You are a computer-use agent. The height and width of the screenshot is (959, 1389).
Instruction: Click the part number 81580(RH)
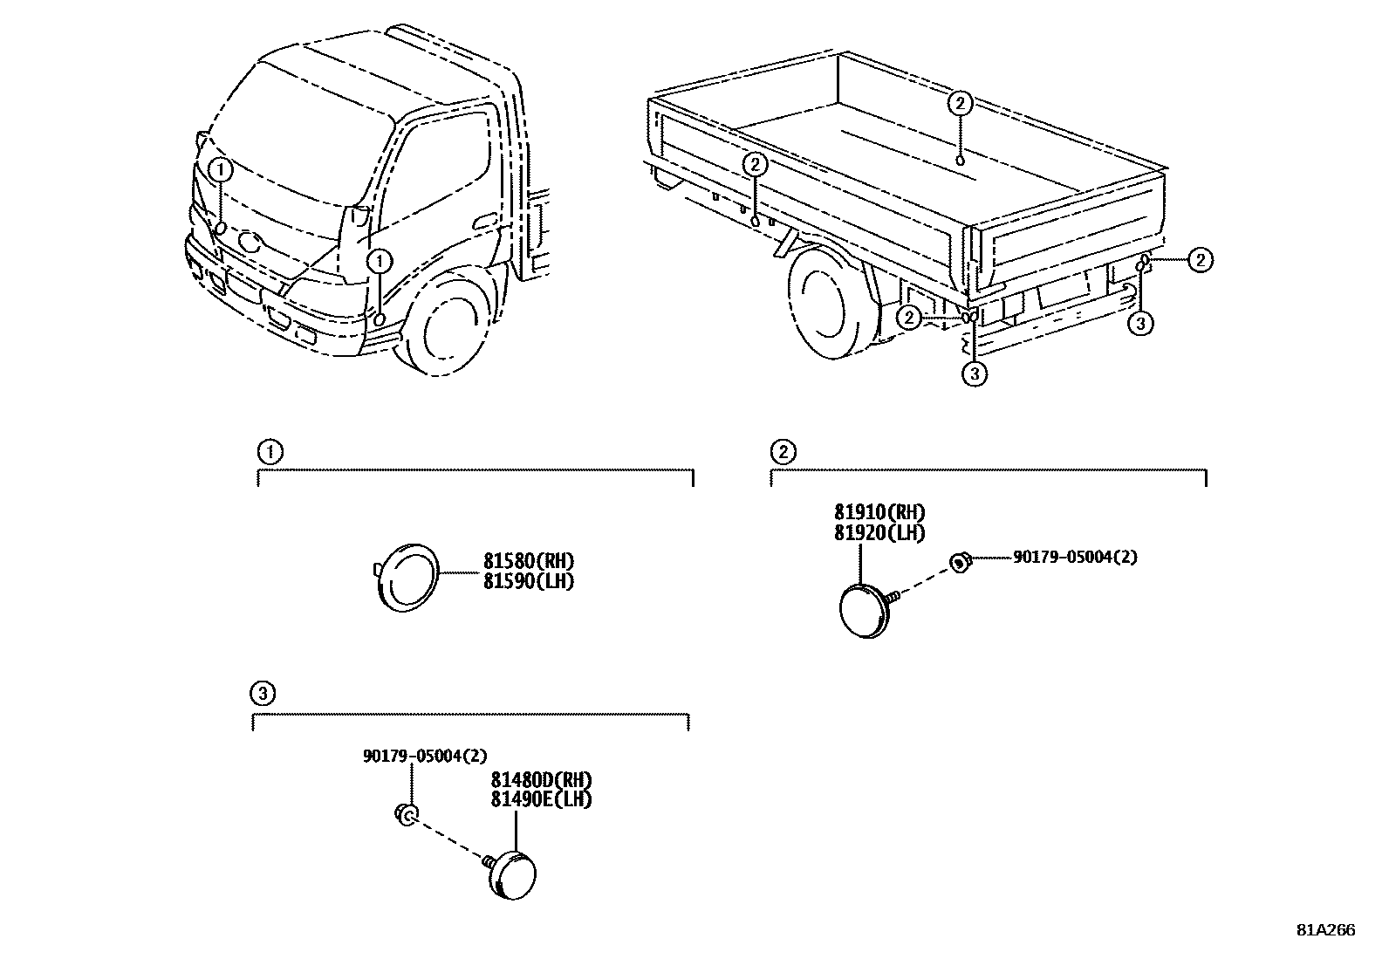(x=529, y=561)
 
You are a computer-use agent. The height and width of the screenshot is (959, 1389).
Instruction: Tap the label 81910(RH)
(x=879, y=512)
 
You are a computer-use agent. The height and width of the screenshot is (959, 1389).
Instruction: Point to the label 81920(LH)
(x=879, y=532)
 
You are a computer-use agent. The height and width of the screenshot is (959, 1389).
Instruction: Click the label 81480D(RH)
(x=541, y=779)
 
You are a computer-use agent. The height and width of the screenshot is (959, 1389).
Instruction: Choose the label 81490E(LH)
(x=541, y=798)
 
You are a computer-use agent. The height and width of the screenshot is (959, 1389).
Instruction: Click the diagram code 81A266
(x=1325, y=930)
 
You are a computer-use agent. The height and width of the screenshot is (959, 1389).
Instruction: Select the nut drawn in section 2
(x=960, y=563)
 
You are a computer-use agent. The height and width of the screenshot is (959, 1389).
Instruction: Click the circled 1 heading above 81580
(x=270, y=452)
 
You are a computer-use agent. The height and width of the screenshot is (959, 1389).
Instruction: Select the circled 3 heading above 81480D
(x=262, y=695)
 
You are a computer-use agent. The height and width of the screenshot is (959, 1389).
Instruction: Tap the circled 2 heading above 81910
(x=783, y=452)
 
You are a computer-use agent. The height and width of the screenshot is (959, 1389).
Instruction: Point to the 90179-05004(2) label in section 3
(x=425, y=756)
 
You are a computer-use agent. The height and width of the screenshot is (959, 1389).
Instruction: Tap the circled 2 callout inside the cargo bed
(x=959, y=104)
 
